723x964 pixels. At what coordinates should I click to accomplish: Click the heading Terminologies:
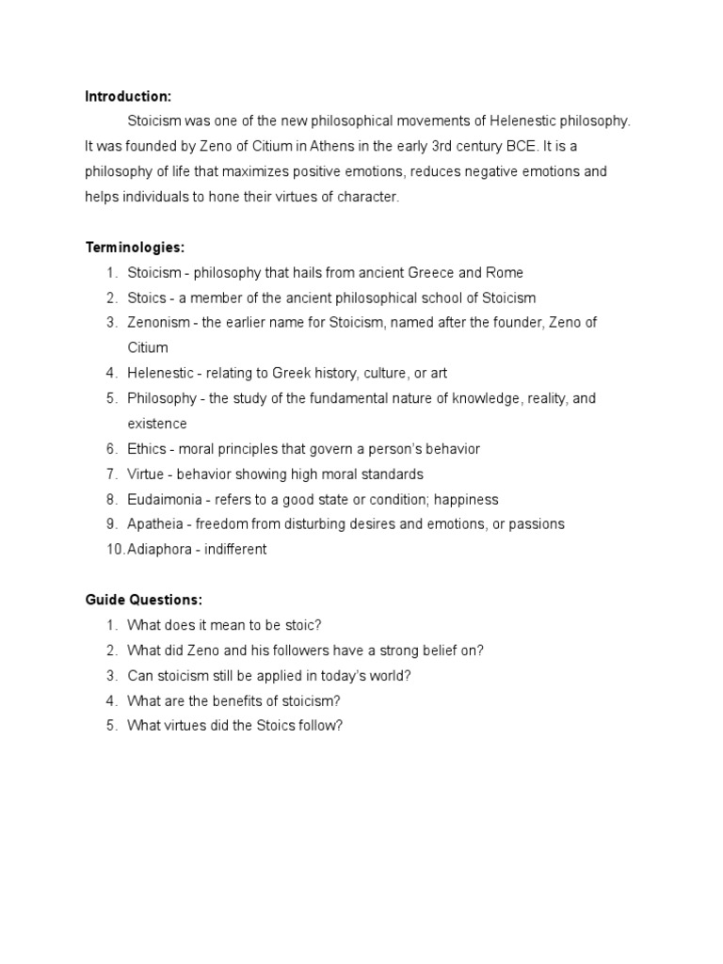[x=135, y=248]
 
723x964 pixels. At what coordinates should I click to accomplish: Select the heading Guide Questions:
[x=144, y=600]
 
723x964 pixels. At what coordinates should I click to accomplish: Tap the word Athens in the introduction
[x=286, y=146]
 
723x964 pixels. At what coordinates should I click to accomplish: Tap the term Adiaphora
[x=164, y=550]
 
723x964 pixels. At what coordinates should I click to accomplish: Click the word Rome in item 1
[x=504, y=273]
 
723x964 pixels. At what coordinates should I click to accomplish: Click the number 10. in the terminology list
[x=115, y=550]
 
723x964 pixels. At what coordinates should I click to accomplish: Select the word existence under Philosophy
[x=157, y=424]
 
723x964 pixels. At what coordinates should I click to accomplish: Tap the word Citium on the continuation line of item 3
[x=148, y=348]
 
